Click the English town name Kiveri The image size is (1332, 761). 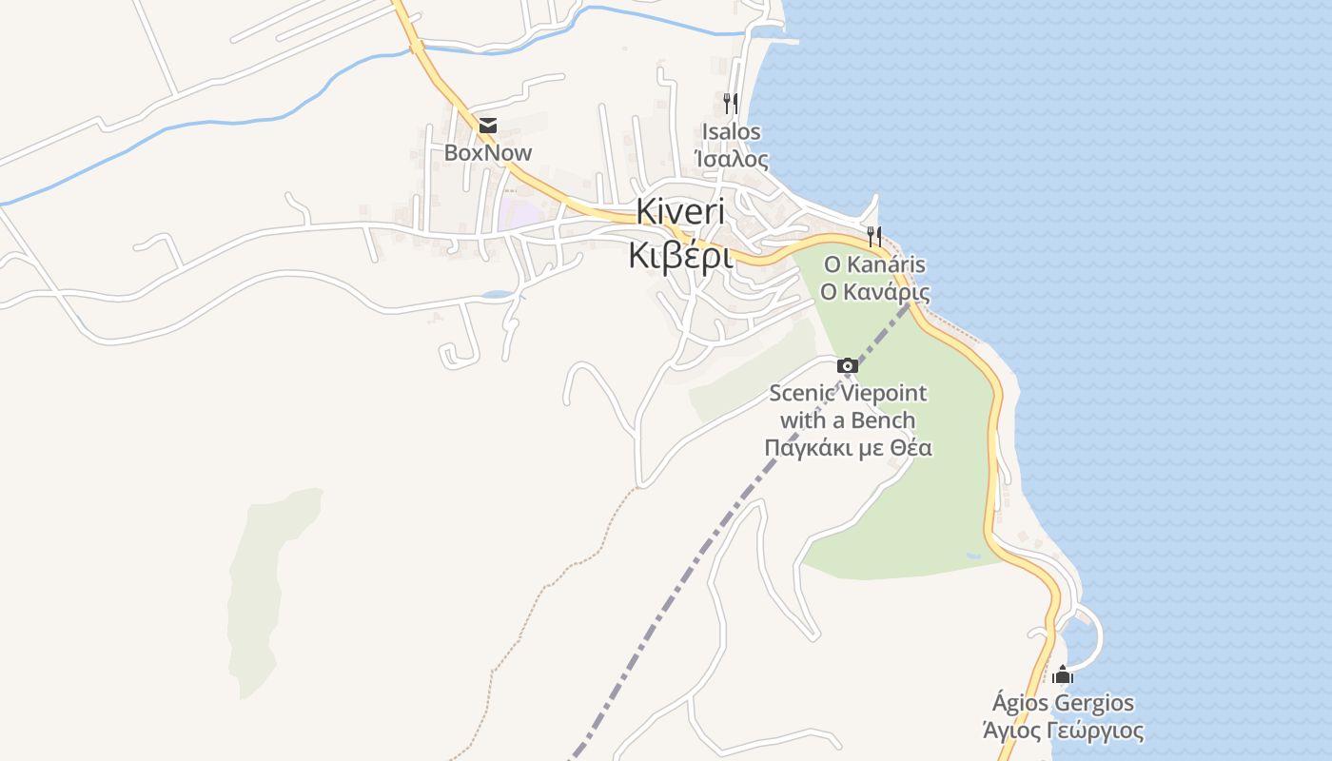(x=679, y=211)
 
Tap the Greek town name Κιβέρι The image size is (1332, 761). (x=679, y=255)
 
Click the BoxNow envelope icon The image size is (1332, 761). (x=488, y=126)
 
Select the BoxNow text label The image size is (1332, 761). (x=488, y=153)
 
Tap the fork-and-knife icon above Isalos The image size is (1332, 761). (x=731, y=103)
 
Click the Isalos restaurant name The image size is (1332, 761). (x=731, y=132)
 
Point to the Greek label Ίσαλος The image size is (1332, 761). (x=731, y=159)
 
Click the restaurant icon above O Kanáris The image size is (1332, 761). (x=874, y=236)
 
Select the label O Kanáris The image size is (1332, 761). (x=874, y=264)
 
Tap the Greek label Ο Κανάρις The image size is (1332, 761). (x=874, y=291)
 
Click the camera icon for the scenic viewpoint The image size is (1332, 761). (x=847, y=365)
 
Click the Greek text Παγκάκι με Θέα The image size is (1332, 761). (x=848, y=447)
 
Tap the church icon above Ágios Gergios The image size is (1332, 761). (x=1063, y=674)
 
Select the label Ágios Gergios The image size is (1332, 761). (x=1063, y=704)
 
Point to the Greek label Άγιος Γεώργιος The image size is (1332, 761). (x=1063, y=731)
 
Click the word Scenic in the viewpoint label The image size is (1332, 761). (x=801, y=393)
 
